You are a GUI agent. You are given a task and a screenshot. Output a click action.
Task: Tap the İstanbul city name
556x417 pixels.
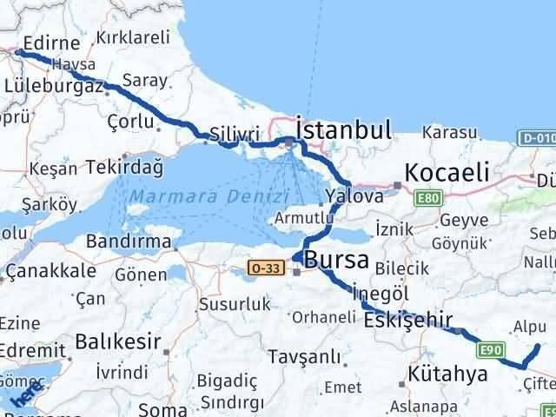point(343,130)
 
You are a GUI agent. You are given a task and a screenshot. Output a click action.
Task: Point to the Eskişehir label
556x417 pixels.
point(408,321)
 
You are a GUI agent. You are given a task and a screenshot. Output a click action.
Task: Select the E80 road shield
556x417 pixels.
point(427,199)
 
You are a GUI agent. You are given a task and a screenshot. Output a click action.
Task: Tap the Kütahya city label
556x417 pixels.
point(451,376)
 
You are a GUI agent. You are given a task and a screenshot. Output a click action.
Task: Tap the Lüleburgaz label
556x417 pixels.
point(54,86)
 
